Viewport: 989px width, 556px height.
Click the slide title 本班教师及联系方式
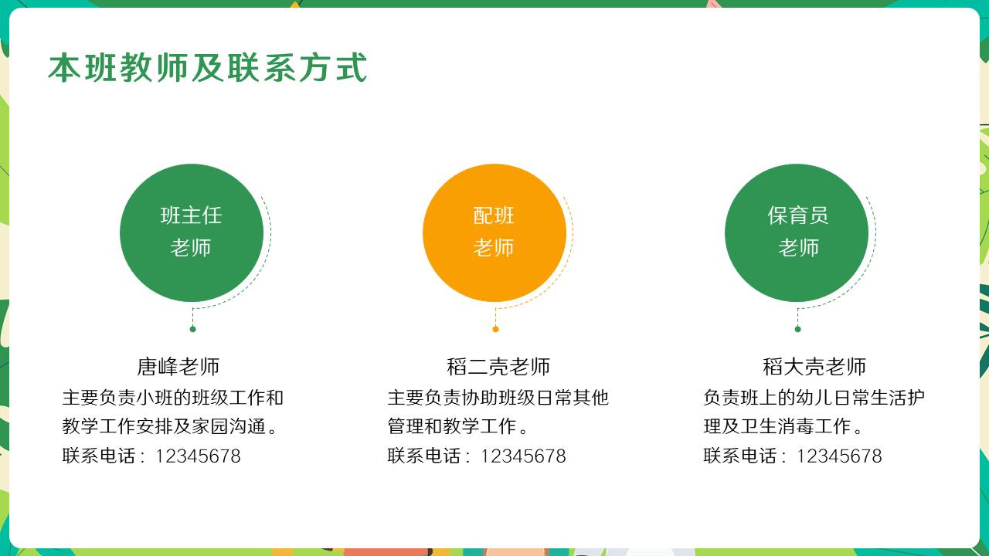click(208, 67)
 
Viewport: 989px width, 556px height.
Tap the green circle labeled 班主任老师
click(192, 233)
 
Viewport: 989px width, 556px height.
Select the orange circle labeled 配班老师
click(494, 233)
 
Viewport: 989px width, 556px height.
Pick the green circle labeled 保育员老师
click(797, 233)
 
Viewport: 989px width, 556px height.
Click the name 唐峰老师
click(178, 367)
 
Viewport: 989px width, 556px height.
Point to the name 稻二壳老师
click(498, 367)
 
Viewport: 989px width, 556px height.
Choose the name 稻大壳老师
click(814, 367)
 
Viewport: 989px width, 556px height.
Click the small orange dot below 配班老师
click(495, 329)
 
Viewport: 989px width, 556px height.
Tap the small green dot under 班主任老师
click(192, 329)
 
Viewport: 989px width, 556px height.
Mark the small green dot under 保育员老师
click(798, 329)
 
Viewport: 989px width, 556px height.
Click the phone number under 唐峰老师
click(198, 456)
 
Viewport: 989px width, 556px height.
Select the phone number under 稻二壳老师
click(523, 456)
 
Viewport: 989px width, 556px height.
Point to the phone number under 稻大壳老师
click(839, 456)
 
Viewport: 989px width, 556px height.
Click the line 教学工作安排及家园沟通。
click(169, 426)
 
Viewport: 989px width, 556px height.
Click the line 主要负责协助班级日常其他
click(498, 398)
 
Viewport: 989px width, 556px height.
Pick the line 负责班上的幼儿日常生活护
click(814, 398)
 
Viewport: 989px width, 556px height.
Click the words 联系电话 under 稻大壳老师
click(740, 456)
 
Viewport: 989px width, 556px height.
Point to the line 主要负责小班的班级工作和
click(172, 398)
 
